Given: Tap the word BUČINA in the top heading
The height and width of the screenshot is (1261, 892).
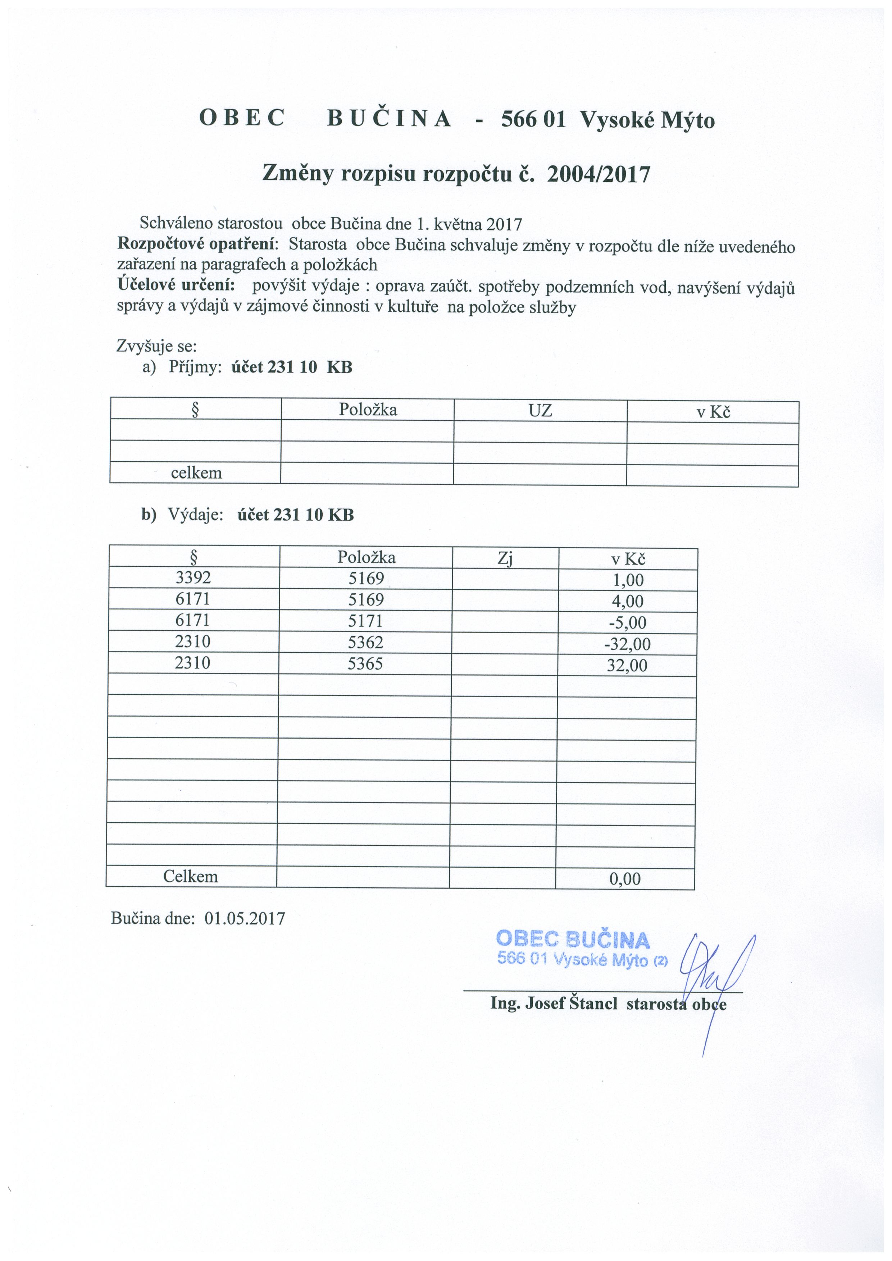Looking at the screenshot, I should (x=390, y=119).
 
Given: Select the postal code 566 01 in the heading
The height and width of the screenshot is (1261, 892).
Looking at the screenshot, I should (x=533, y=119).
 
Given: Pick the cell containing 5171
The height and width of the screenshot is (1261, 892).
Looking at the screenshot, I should (x=365, y=621).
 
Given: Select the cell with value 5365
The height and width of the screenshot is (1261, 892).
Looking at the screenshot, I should (x=365, y=663).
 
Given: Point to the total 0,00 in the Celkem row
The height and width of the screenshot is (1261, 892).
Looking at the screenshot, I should (x=625, y=879).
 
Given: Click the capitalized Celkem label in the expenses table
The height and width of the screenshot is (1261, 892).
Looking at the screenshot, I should (x=191, y=877).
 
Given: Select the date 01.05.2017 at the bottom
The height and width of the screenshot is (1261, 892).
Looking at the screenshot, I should (x=245, y=918).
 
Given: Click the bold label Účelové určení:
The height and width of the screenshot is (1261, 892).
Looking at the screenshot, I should (x=176, y=285).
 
